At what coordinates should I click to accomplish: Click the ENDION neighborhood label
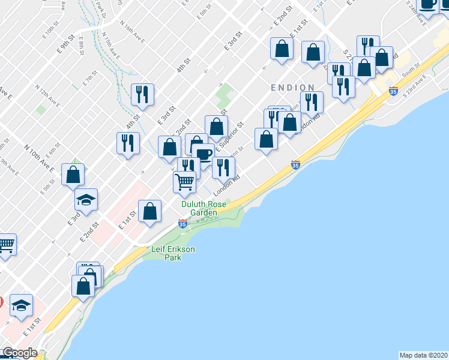292,88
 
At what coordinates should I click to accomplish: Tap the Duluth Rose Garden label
204,208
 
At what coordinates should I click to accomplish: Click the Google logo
20,353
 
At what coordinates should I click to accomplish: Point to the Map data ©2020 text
423,355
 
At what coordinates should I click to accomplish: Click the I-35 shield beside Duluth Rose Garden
182,224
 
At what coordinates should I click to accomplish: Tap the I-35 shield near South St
393,91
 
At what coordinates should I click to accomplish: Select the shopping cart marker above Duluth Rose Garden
185,181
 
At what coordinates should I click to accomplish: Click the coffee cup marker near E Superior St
203,155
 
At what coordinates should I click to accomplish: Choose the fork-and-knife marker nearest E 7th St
143,94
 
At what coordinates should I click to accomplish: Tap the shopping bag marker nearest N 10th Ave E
73,175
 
